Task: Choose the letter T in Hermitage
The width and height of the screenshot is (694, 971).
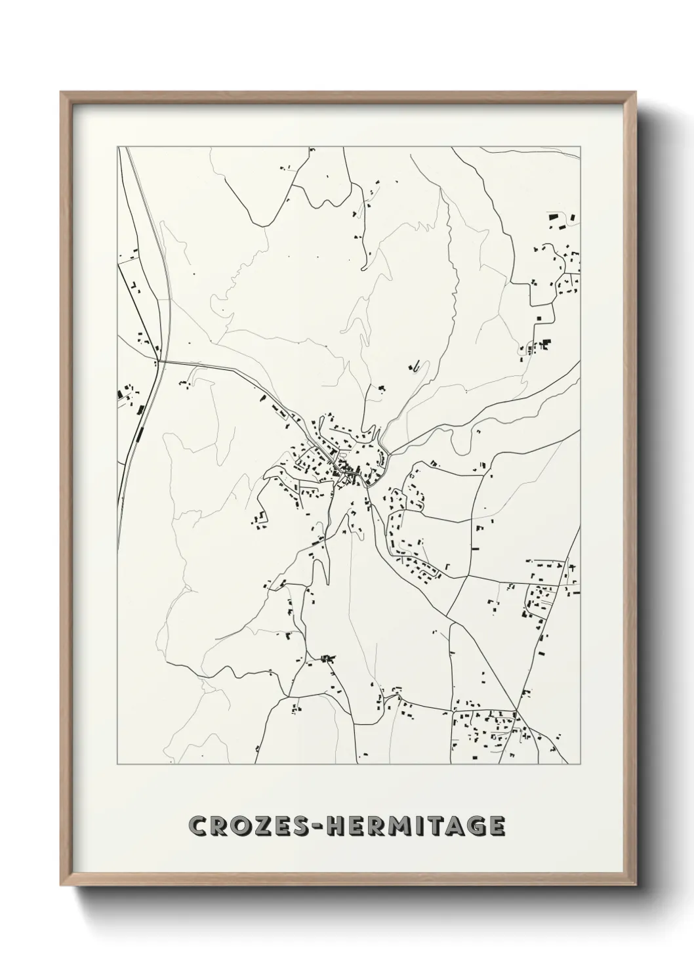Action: click(x=440, y=827)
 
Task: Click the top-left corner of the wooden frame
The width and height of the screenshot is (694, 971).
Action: click(x=61, y=93)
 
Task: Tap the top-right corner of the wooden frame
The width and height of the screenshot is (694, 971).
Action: click(x=635, y=93)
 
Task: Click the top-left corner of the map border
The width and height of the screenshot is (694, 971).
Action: click(x=118, y=147)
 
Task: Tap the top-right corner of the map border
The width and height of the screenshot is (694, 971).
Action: click(x=581, y=147)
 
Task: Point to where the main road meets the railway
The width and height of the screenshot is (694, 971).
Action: click(x=159, y=360)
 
